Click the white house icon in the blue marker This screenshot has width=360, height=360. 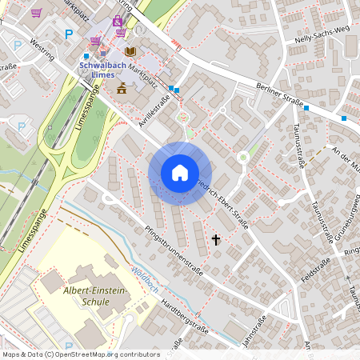click(x=180, y=173)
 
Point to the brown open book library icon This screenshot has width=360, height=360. click(x=130, y=51)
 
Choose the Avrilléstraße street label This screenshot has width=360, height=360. click(x=157, y=110)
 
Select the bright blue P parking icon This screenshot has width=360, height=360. click(x=69, y=34)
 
